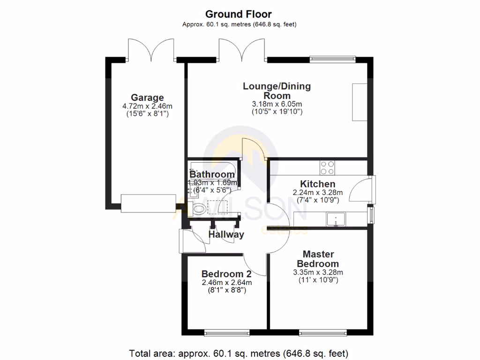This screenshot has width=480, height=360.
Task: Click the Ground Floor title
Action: [x=238, y=15]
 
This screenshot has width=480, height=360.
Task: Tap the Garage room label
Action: [x=147, y=97]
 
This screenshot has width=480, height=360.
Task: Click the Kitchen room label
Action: [x=317, y=184]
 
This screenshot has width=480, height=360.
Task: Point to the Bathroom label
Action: [x=212, y=174]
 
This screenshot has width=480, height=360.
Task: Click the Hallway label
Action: [x=226, y=234]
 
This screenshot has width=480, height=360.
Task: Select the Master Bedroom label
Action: [x=318, y=259]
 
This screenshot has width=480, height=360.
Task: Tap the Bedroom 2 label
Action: [x=226, y=274]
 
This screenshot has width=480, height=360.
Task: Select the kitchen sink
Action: [x=336, y=219]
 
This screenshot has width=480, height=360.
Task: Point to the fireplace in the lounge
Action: [x=360, y=102]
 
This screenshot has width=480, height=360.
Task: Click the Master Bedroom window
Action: [x=322, y=333]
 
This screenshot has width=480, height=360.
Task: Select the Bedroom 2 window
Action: [x=226, y=333]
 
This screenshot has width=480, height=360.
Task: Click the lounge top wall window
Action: [x=332, y=60]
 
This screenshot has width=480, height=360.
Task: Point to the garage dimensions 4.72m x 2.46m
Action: [x=147, y=106]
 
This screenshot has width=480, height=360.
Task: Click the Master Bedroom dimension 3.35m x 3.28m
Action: [x=318, y=272]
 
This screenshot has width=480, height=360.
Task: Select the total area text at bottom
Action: [x=239, y=352]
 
